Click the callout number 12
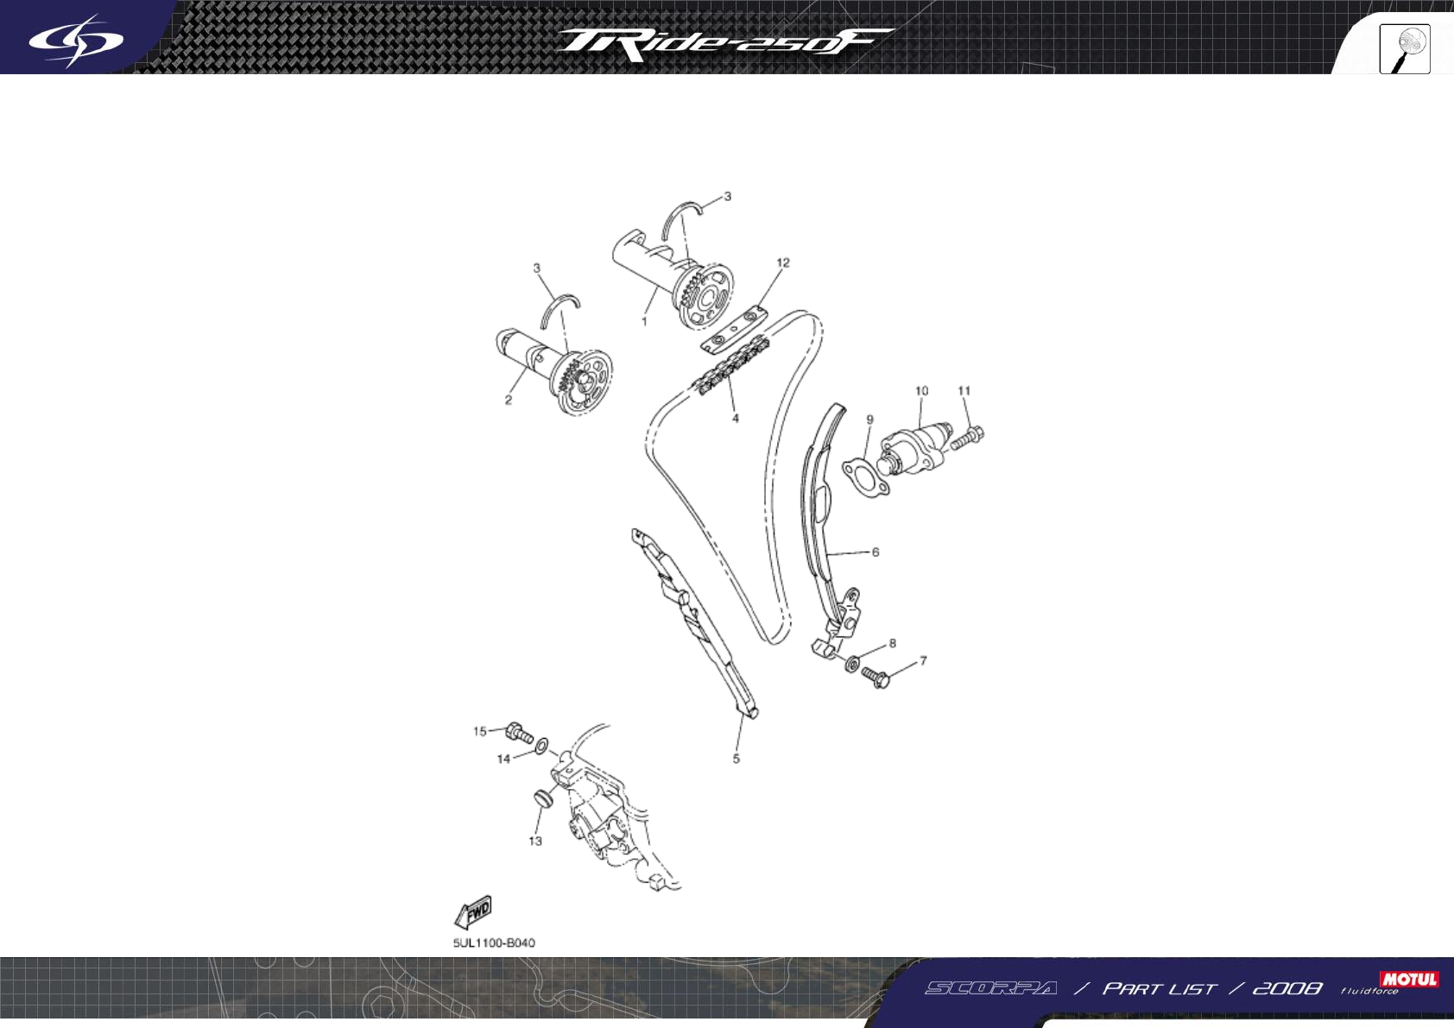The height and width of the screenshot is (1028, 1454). click(783, 262)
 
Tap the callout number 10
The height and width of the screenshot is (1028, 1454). click(921, 391)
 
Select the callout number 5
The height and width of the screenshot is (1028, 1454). click(736, 759)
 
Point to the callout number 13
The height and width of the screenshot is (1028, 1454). click(535, 841)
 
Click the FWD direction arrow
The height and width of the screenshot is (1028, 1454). click(473, 912)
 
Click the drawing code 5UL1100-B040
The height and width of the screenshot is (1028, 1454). click(494, 943)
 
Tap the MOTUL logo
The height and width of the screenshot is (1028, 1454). click(1409, 979)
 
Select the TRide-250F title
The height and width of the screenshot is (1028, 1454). click(724, 43)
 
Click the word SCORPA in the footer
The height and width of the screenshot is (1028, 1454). click(991, 988)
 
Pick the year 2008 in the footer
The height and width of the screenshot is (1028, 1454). click(1286, 988)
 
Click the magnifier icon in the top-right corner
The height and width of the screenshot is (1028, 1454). click(1405, 49)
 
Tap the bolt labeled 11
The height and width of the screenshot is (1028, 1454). click(968, 436)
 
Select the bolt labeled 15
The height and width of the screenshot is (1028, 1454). click(520, 735)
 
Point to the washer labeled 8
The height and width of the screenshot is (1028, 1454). click(851, 664)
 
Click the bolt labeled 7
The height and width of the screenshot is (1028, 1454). click(876, 678)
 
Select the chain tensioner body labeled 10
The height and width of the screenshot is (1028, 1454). click(911, 448)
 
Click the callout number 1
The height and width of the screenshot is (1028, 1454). click(644, 322)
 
